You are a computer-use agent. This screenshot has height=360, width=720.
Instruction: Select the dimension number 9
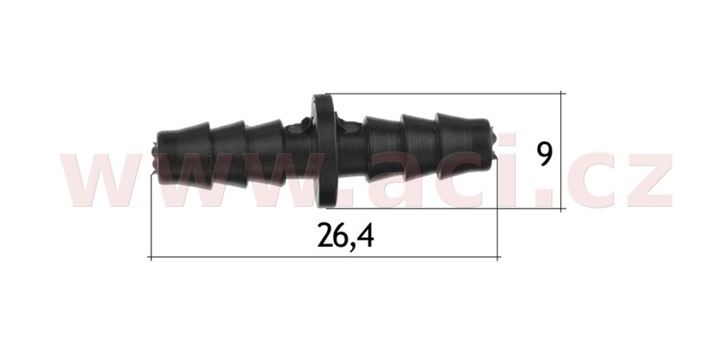[x=545, y=154]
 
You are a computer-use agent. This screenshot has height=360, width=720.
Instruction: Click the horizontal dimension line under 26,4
[x=325, y=257]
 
